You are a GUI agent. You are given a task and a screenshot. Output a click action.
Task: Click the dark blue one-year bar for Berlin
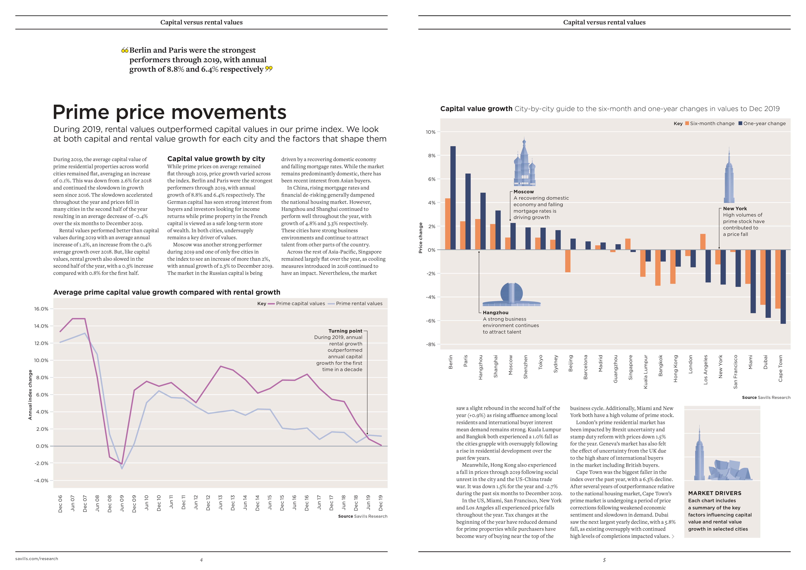pos(453,198)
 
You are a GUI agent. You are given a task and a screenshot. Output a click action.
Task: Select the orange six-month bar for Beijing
pos(568,261)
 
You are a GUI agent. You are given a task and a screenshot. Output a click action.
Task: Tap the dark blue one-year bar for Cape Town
pos(783,287)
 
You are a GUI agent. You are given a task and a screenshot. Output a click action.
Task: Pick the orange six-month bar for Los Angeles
pos(703,242)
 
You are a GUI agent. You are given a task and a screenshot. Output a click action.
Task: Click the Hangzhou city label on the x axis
pos(481,367)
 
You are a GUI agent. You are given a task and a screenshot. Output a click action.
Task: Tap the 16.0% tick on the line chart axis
pos(41,309)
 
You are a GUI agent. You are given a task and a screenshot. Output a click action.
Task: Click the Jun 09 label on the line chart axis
pos(122,503)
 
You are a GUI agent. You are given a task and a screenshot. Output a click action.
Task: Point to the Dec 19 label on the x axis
pos(381,503)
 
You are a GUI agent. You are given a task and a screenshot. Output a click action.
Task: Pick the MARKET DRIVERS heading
pos(715,493)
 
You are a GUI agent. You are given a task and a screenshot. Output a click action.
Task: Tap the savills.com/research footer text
pos(37,559)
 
